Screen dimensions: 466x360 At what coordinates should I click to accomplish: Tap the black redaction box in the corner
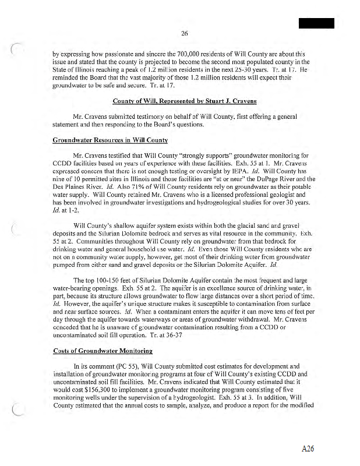[x=317, y=23]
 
